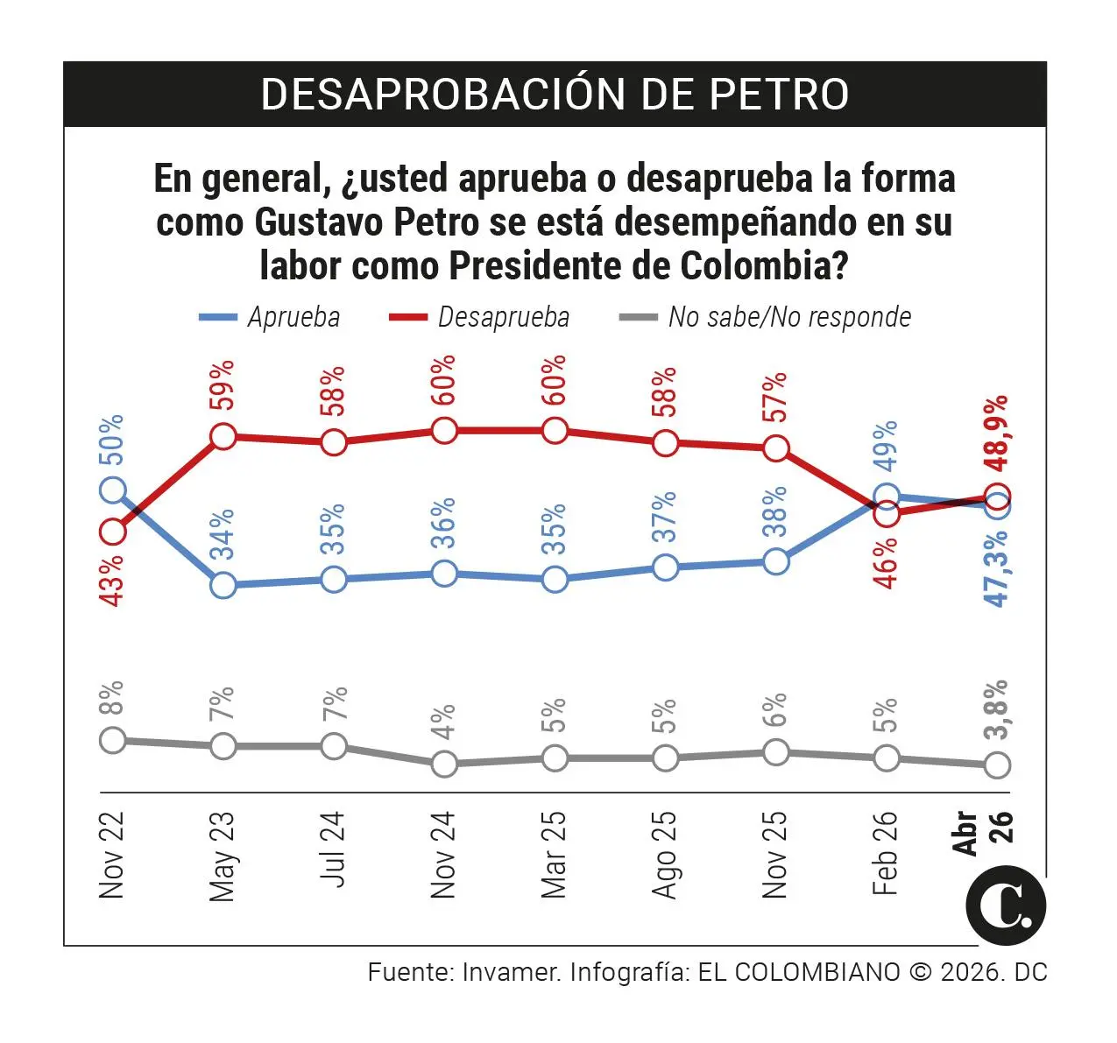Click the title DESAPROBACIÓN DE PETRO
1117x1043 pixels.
[555, 94]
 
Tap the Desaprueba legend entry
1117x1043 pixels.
[479, 317]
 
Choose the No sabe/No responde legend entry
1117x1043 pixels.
[766, 317]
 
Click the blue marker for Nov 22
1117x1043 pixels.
[113, 490]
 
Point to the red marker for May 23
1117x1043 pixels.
[223, 436]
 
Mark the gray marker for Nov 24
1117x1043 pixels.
[444, 764]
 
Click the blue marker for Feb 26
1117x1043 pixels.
[887, 497]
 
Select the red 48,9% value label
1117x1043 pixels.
[997, 433]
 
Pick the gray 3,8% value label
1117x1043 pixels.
[997, 709]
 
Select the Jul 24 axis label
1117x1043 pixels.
[334, 849]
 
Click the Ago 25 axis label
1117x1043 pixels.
[665, 855]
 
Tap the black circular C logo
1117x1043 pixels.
[1006, 906]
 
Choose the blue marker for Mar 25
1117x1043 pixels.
[555, 579]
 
